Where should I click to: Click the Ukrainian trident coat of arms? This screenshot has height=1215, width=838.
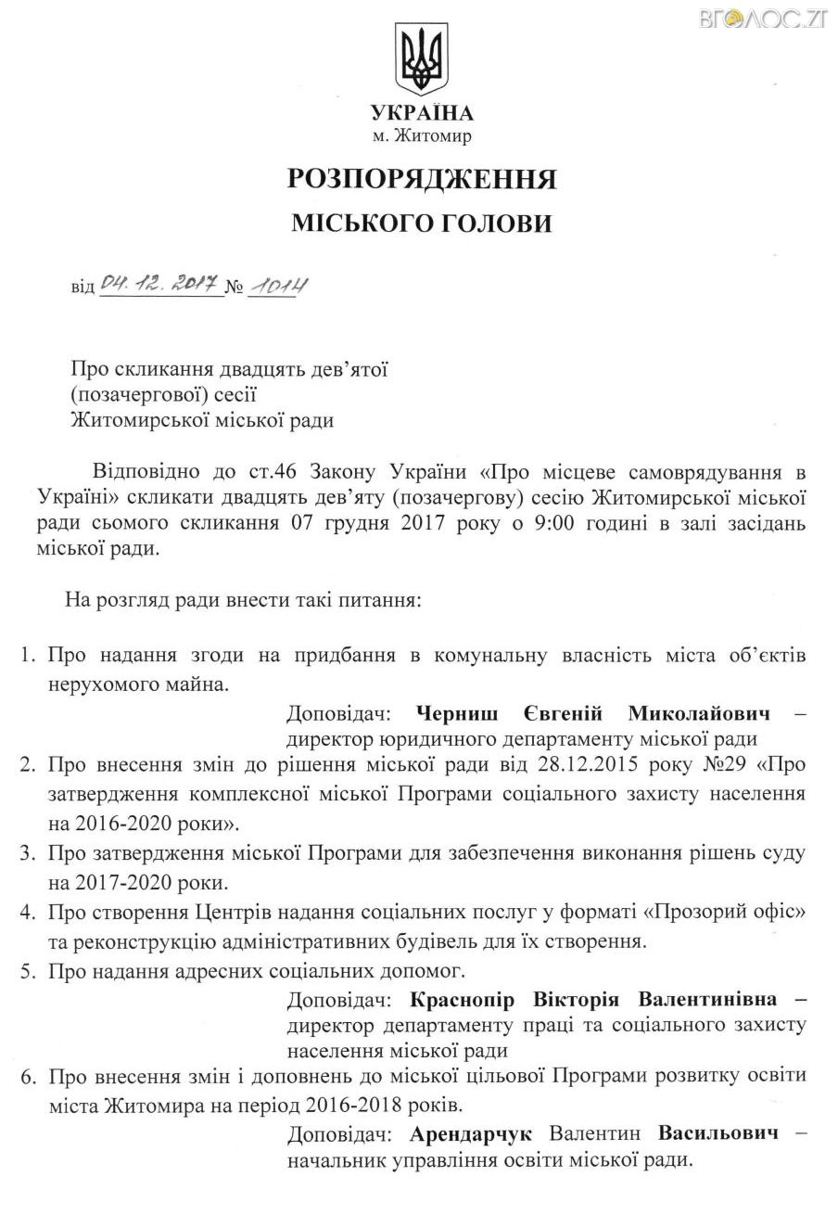422,58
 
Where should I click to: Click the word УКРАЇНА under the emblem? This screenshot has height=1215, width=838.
422,114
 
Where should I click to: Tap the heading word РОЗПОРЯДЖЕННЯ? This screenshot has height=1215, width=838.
422,178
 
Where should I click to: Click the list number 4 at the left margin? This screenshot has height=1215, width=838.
28,913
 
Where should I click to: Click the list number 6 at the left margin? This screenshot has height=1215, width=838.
28,1076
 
